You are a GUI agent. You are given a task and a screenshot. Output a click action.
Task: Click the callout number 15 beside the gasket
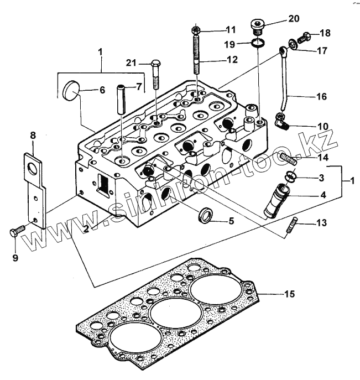[x=290, y=294]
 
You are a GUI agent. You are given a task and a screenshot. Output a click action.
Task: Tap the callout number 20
[x=294, y=19]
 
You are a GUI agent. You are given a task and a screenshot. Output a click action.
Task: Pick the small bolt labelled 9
[x=18, y=231]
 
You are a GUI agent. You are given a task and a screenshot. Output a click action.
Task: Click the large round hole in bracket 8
[x=33, y=168]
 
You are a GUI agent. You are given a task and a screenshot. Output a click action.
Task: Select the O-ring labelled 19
[x=258, y=43]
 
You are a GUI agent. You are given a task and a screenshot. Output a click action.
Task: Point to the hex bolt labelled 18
[x=304, y=38]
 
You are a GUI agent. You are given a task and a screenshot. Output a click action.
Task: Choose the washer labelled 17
[x=293, y=44]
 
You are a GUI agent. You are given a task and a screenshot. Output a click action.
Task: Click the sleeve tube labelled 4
[x=276, y=201]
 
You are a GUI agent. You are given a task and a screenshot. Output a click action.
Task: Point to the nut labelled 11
[x=196, y=30]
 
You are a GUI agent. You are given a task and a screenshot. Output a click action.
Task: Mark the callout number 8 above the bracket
[x=33, y=135]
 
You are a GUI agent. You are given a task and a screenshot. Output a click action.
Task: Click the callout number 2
[x=86, y=228]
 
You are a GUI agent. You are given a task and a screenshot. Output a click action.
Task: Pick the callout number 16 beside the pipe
[x=321, y=96]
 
